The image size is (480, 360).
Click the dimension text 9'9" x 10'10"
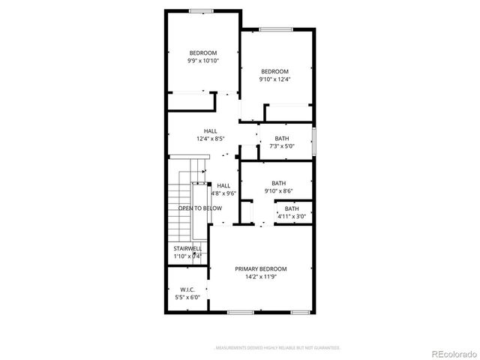[202, 60]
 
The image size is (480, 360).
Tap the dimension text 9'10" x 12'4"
[274, 79]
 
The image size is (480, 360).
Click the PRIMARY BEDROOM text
[260, 268]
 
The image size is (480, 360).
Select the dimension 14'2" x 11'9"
[260, 277]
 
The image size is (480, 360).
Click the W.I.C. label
[187, 289]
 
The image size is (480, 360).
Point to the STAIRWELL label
[187, 248]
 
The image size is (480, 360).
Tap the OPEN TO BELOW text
[199, 208]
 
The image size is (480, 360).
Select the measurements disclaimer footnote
[277, 348]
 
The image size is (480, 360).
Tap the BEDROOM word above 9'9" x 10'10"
[202, 52]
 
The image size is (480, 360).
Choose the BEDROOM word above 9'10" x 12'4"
[274, 71]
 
